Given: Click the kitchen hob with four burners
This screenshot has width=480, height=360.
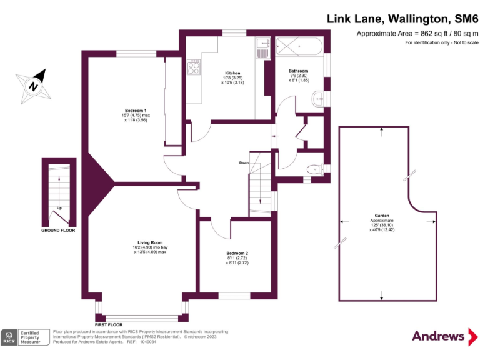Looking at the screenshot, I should click(x=193, y=66).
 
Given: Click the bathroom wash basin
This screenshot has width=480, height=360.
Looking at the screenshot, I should click(x=319, y=97).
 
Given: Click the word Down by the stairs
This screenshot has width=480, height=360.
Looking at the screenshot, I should click(x=244, y=162).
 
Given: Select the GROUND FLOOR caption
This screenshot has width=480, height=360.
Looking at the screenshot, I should click(x=58, y=231).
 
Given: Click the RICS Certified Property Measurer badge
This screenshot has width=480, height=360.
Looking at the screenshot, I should click(x=25, y=337).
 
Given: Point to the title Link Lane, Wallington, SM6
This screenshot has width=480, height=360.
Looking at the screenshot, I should click(x=402, y=19).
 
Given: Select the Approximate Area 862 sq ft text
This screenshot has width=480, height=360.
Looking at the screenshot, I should click(x=417, y=33).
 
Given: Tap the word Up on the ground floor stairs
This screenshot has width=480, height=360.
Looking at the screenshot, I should click(x=59, y=207).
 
